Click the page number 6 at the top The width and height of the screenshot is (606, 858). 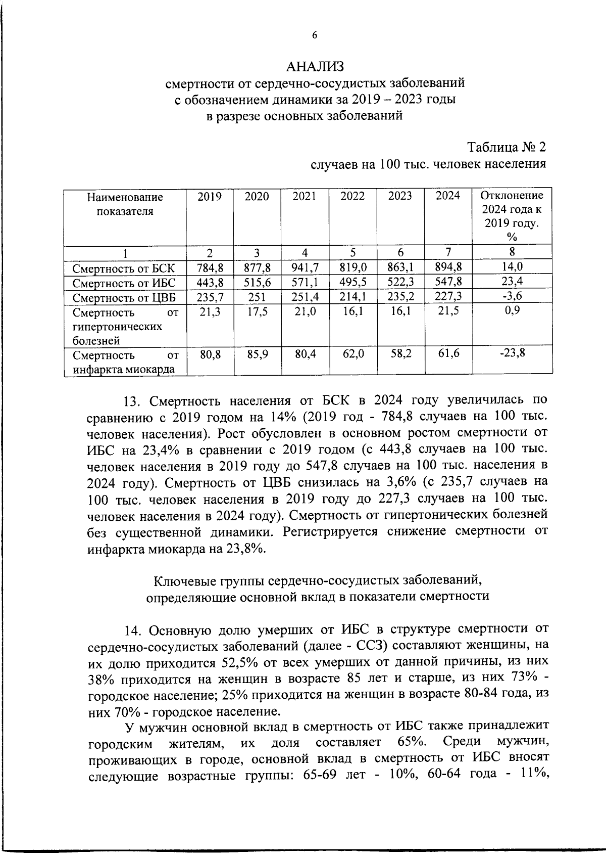point(314,35)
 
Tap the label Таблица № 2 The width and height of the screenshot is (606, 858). point(506,148)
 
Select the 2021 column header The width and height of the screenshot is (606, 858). point(305,196)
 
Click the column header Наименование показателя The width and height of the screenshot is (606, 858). point(125,204)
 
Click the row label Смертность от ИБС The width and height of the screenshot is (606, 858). point(124,283)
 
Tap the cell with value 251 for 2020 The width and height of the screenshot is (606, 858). point(257,296)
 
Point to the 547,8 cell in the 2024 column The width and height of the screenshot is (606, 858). point(448,282)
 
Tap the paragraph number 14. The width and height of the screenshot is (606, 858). point(133,630)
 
